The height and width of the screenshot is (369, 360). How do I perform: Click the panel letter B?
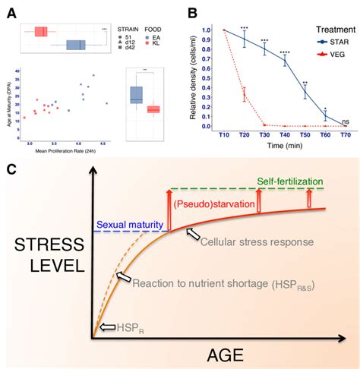point(194,11)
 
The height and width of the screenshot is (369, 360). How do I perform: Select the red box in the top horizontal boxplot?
point(42,31)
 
